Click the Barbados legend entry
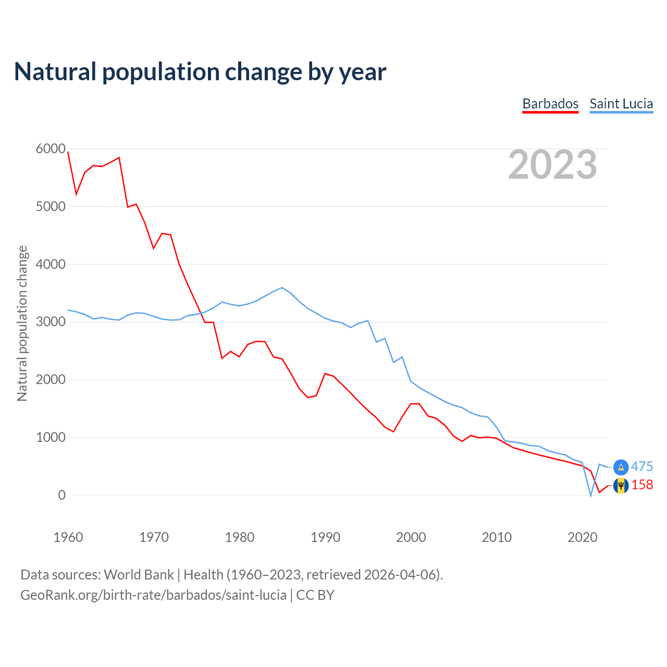(x=550, y=104)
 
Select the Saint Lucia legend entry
(x=621, y=104)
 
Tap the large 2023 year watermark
(x=552, y=165)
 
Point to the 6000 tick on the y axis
(x=51, y=149)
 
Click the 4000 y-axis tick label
(x=51, y=264)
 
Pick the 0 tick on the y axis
(x=62, y=495)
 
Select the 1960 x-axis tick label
(x=68, y=537)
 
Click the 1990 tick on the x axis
(x=325, y=537)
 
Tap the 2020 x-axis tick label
(x=582, y=537)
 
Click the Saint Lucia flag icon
(x=621, y=467)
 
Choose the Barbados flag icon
(x=621, y=486)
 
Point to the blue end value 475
(x=642, y=467)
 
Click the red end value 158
(x=642, y=485)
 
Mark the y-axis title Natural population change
(x=22, y=323)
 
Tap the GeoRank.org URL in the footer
(x=153, y=595)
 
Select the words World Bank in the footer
(x=139, y=575)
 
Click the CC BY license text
(x=315, y=595)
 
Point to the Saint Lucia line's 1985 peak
(x=282, y=288)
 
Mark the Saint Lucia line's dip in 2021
(x=591, y=496)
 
